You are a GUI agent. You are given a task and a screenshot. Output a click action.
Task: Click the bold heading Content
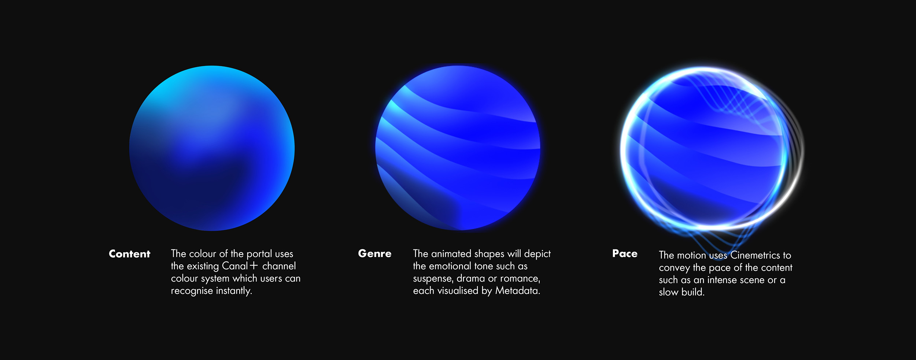click(129, 254)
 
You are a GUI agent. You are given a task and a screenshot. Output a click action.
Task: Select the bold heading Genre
click(374, 253)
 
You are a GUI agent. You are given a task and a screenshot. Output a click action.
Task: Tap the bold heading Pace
click(625, 253)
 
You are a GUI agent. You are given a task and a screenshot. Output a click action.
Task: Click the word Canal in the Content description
click(235, 266)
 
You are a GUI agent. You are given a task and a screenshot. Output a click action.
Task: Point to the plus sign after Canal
click(254, 266)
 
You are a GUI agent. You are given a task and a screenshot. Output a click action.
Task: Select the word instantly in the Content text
click(234, 291)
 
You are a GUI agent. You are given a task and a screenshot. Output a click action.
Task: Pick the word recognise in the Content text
click(192, 291)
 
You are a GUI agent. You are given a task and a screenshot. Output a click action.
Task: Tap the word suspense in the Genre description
click(433, 279)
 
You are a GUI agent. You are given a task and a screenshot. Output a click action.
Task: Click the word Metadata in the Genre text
click(517, 290)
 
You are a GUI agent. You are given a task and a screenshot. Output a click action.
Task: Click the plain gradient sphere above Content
click(212, 148)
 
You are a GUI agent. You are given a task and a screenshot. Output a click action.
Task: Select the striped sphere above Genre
click(458, 148)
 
